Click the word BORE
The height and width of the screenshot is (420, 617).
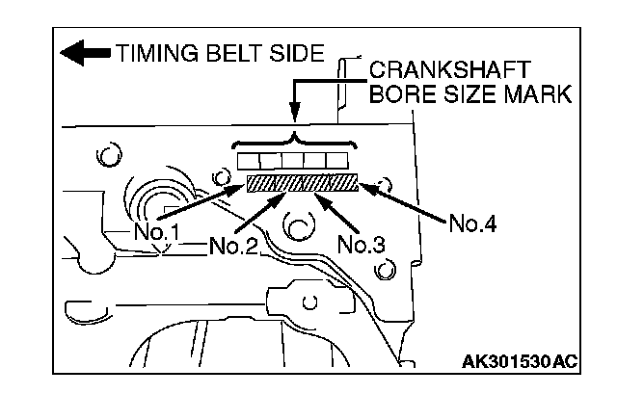tap(397, 94)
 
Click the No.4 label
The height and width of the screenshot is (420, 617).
tap(472, 223)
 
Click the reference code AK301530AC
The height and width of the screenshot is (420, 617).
tap(520, 362)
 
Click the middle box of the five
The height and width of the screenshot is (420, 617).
tap(293, 160)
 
